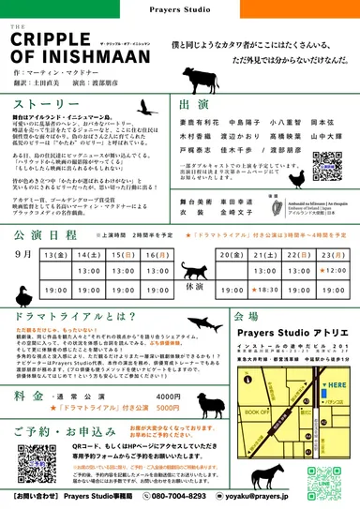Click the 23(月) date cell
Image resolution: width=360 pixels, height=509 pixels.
332,254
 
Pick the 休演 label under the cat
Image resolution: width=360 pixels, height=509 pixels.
194,288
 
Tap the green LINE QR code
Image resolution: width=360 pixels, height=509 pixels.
319,477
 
